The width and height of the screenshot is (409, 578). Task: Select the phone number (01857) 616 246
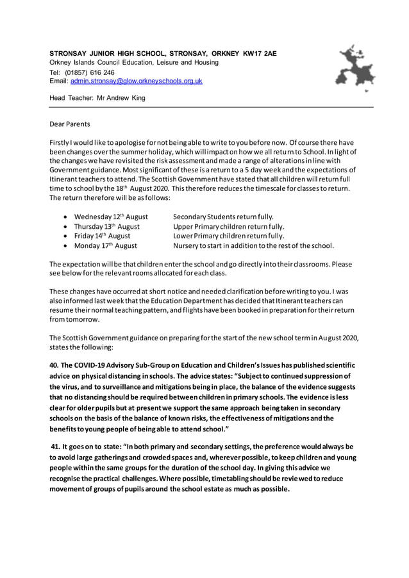point(89,72)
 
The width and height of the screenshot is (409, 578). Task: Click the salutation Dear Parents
point(70,124)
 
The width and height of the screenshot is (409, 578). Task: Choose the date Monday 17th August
point(106,245)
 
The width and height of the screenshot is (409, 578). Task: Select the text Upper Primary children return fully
point(229,226)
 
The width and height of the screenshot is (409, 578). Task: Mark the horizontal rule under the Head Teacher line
point(212,108)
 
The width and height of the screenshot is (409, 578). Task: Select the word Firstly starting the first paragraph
point(62,142)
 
